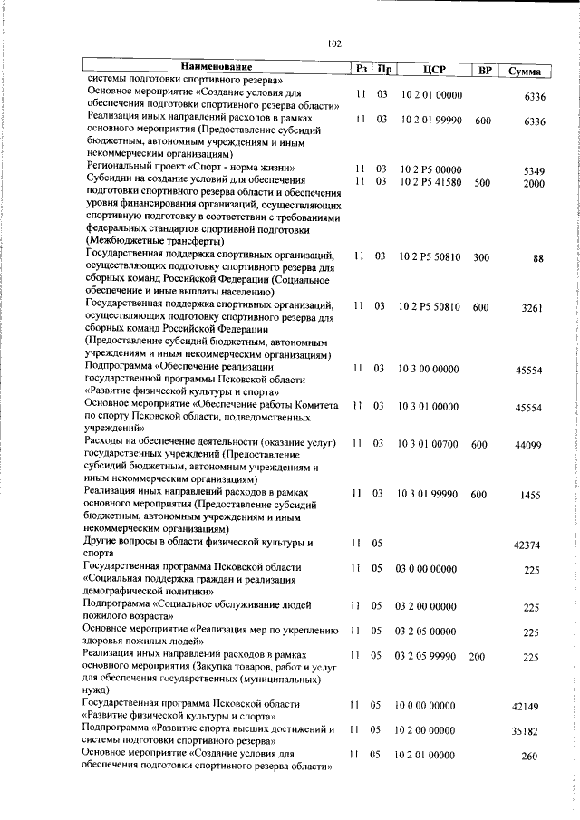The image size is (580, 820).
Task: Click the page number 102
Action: tap(333, 43)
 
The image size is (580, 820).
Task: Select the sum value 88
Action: tap(538, 258)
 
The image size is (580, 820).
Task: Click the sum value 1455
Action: tap(532, 495)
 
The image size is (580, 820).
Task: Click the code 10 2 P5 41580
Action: tap(430, 181)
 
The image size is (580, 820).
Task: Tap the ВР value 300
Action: tap(481, 257)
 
